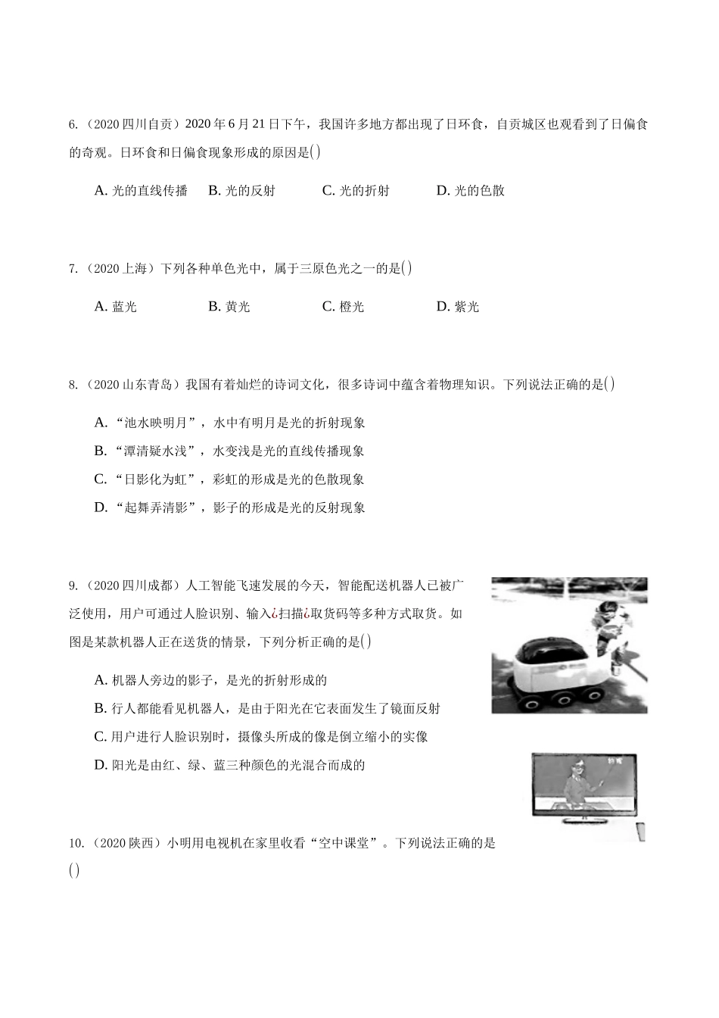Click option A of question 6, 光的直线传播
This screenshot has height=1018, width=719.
pyautogui.click(x=141, y=191)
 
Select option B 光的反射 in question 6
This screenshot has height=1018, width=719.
pyautogui.click(x=241, y=191)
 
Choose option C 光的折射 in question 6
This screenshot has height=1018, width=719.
pyautogui.click(x=356, y=191)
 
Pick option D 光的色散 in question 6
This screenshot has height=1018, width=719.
pyautogui.click(x=470, y=191)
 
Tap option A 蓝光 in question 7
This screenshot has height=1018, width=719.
pyautogui.click(x=115, y=307)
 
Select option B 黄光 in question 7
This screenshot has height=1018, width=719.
pyautogui.click(x=229, y=307)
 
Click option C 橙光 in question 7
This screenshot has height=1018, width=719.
pyautogui.click(x=343, y=307)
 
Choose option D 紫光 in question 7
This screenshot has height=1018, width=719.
pyautogui.click(x=457, y=307)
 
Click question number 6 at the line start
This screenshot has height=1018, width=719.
pyautogui.click(x=73, y=124)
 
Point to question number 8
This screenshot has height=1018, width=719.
pyautogui.click(x=73, y=385)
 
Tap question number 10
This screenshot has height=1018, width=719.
pyautogui.click(x=76, y=844)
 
